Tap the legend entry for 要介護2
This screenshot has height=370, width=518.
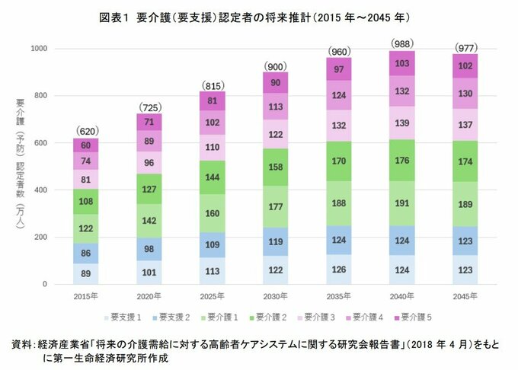tap(270, 315)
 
